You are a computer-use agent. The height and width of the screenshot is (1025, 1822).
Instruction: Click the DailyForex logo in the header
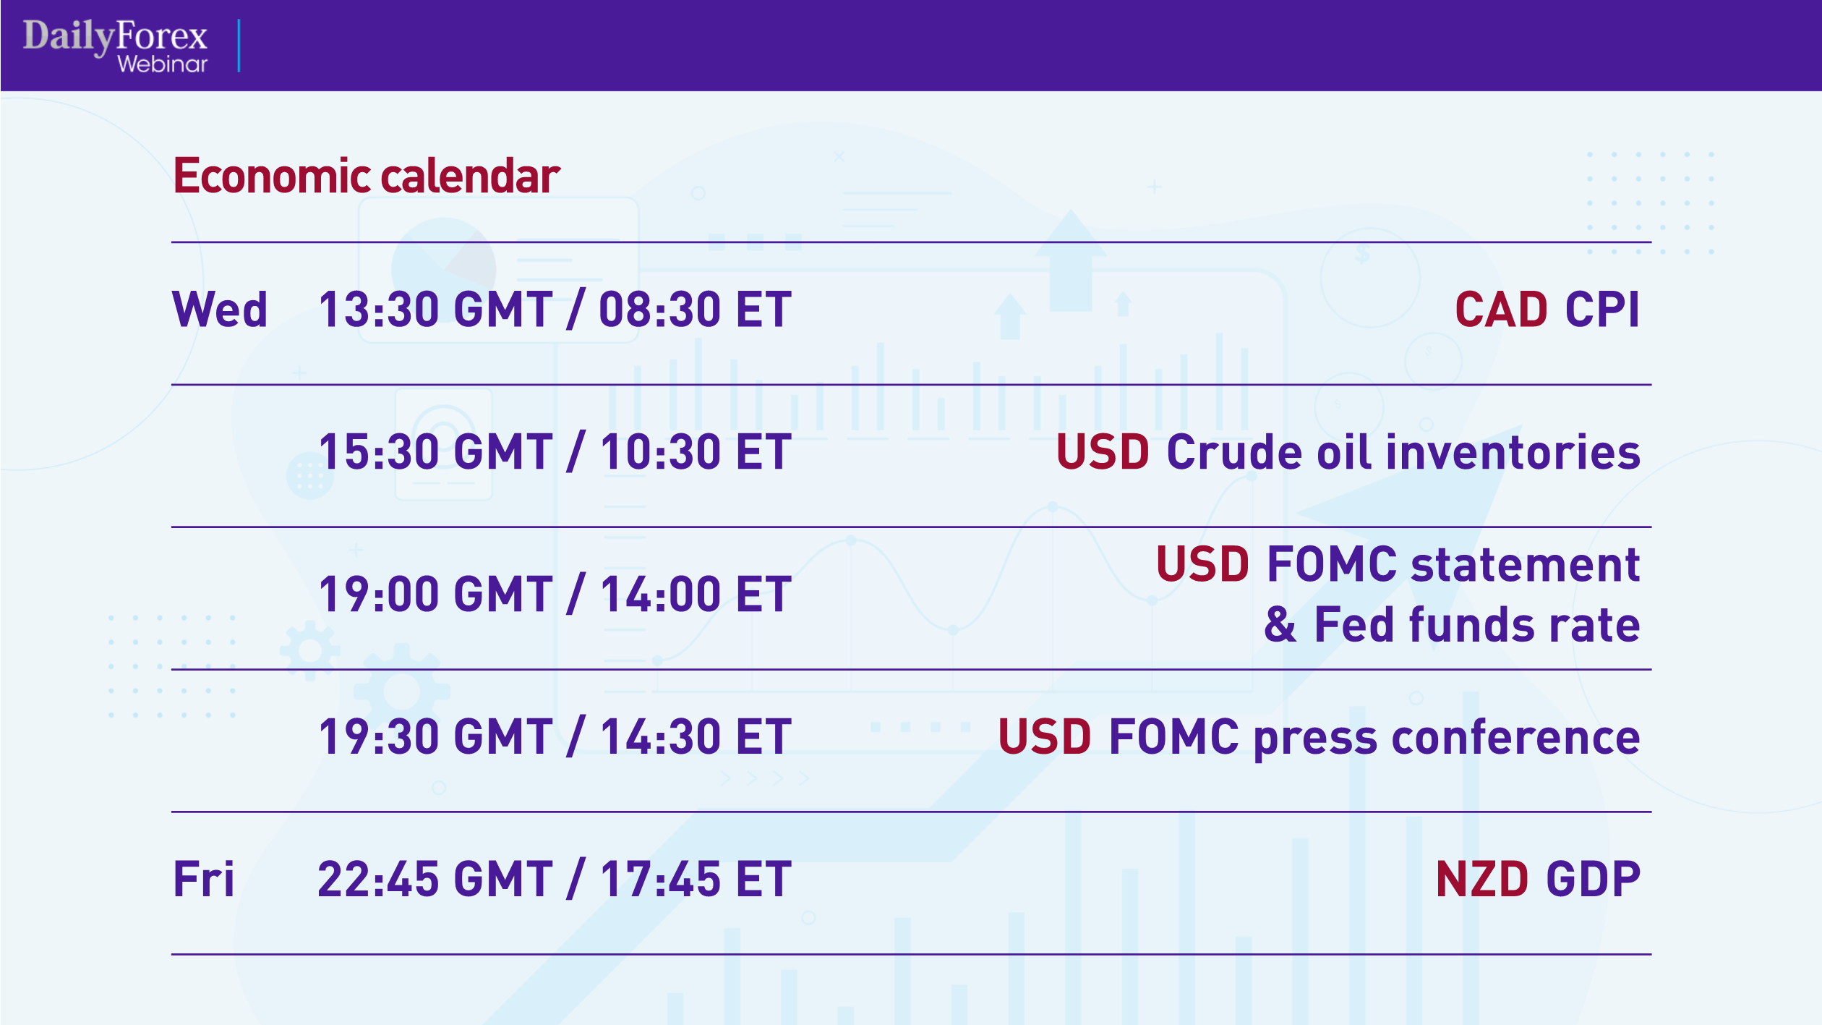tap(115, 35)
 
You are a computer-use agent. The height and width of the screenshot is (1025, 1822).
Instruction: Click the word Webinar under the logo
tap(162, 64)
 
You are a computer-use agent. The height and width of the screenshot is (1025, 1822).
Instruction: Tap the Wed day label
tap(220, 310)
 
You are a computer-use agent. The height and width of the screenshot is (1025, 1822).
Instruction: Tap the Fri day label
tap(204, 879)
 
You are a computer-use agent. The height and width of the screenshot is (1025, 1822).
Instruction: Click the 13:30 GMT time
tap(435, 310)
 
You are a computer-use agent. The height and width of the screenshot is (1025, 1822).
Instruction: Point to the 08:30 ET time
tap(695, 310)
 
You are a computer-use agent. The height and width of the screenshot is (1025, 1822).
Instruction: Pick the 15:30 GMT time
tap(435, 452)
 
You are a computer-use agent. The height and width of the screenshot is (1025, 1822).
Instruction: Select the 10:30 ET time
tap(695, 452)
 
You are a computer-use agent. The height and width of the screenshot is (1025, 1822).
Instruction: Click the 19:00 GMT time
tap(435, 595)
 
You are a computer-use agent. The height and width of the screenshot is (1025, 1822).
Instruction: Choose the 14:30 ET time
tap(695, 737)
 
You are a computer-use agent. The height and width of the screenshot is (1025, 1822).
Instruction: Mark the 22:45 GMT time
tap(435, 879)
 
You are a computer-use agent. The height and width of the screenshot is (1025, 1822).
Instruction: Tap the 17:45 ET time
tap(695, 879)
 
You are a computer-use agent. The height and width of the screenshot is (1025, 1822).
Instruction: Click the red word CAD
tap(1501, 310)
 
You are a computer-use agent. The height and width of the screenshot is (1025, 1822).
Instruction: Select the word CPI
tap(1602, 310)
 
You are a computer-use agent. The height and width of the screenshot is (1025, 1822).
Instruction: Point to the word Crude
tap(1234, 452)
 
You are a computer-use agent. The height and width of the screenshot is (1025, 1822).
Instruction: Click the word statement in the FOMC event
tap(1525, 564)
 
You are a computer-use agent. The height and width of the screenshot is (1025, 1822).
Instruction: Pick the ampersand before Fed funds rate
tap(1280, 624)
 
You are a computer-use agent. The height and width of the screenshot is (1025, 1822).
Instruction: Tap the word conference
tap(1515, 737)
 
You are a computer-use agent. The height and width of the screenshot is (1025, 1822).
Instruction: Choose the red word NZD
tap(1481, 879)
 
